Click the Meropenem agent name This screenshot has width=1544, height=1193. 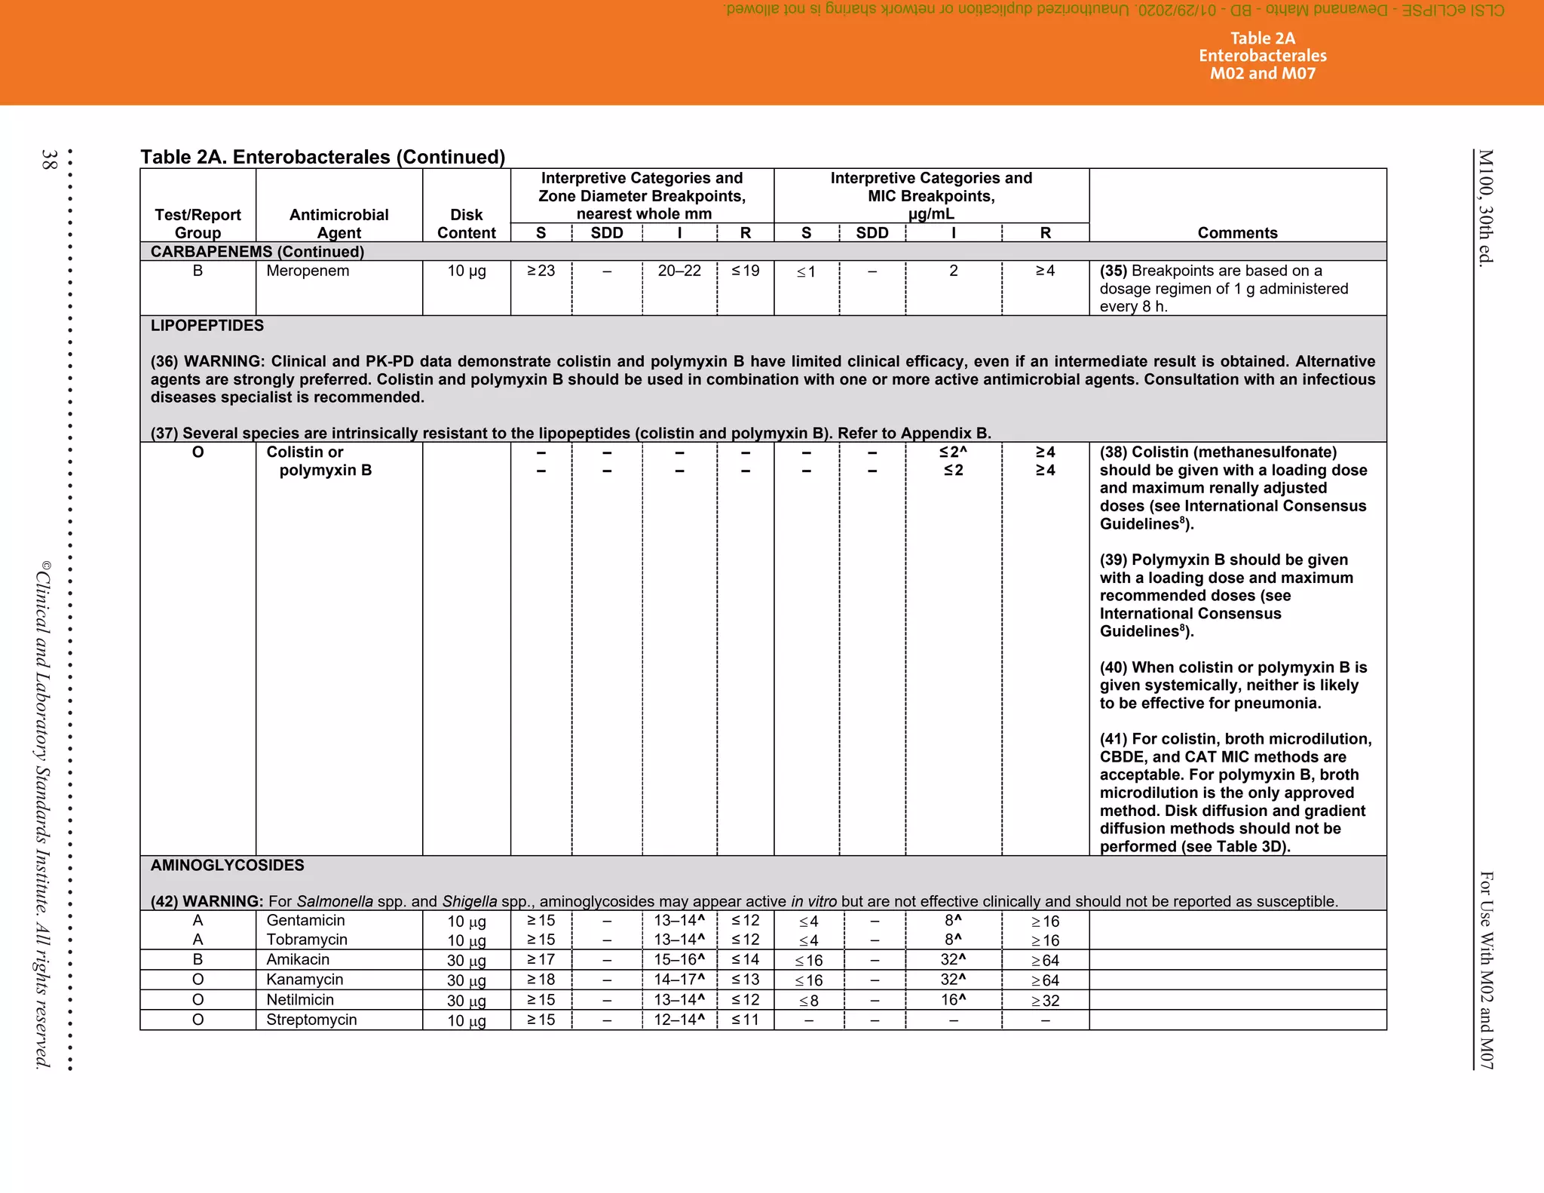(x=308, y=271)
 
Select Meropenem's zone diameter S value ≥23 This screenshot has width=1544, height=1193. (x=541, y=271)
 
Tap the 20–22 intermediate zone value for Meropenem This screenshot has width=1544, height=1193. (x=679, y=271)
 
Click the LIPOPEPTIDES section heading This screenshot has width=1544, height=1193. (x=207, y=326)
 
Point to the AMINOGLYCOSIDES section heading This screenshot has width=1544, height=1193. (x=227, y=865)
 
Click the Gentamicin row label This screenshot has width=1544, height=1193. (x=305, y=920)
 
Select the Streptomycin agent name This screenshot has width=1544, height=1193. (x=311, y=1020)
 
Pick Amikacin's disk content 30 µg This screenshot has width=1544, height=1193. (x=466, y=960)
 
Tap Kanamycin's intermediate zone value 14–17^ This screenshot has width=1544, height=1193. (x=679, y=980)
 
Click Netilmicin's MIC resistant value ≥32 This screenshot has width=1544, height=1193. (x=1045, y=1001)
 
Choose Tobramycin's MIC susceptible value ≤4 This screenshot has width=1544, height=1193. (x=808, y=940)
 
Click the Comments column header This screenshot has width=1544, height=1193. (x=1237, y=233)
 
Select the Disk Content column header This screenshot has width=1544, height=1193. (x=466, y=224)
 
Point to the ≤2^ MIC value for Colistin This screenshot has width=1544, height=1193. (x=953, y=452)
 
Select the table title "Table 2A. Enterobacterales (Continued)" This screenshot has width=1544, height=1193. (x=323, y=157)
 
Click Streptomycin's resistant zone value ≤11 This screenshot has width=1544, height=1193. (x=745, y=1020)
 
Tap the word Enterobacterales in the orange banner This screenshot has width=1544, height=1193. (x=1263, y=56)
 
